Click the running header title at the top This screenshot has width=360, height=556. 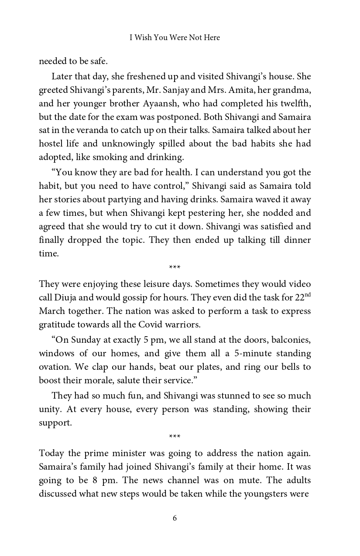tap(175, 38)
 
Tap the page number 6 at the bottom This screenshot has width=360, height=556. tap(175, 518)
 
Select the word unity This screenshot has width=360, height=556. tap(50, 409)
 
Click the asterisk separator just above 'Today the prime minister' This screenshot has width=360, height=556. tap(175, 437)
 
